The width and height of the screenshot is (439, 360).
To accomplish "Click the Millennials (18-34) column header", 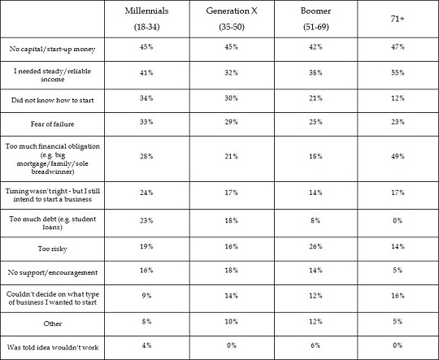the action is pyautogui.click(x=146, y=19).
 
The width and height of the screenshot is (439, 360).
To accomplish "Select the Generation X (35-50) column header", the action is pyautogui.click(x=232, y=19).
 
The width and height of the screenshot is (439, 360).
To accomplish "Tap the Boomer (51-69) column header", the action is pyautogui.click(x=315, y=19).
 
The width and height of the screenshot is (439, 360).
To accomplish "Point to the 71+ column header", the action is pyautogui.click(x=398, y=19).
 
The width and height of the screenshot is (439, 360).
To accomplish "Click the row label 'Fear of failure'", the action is pyautogui.click(x=52, y=124).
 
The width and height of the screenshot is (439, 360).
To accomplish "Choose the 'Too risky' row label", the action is pyautogui.click(x=52, y=249).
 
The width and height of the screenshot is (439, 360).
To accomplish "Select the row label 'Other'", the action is pyautogui.click(x=52, y=323).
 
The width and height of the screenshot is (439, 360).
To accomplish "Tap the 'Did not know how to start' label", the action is pyautogui.click(x=52, y=100).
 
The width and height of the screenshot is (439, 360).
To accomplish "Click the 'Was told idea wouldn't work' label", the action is pyautogui.click(x=52, y=347).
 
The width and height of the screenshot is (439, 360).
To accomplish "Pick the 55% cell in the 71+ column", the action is pyautogui.click(x=398, y=73).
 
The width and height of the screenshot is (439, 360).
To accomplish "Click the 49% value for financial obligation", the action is pyautogui.click(x=398, y=156).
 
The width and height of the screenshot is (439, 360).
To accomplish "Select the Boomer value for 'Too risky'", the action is pyautogui.click(x=315, y=246).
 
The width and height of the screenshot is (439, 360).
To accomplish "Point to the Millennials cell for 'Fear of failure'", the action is pyautogui.click(x=146, y=122).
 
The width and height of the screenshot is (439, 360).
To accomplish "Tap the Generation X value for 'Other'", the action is pyautogui.click(x=231, y=322).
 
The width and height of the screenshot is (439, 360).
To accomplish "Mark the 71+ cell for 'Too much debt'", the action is pyautogui.click(x=398, y=220).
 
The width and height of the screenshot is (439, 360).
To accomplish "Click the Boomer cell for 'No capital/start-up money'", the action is pyautogui.click(x=315, y=47).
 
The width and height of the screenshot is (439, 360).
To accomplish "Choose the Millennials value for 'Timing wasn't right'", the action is pyautogui.click(x=146, y=193).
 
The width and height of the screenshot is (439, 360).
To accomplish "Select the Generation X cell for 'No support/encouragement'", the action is pyautogui.click(x=231, y=271).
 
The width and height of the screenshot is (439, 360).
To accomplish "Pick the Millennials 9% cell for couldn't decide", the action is pyautogui.click(x=146, y=296).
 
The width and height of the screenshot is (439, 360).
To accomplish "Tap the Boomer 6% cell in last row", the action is pyautogui.click(x=315, y=345).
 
